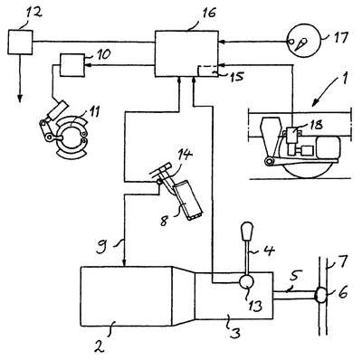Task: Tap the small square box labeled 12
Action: pos(20,43)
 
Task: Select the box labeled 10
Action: pos(72,65)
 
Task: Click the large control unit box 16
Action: pos(186,53)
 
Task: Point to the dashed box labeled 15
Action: pos(207,71)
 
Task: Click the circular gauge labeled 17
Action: pos(303,42)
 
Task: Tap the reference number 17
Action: pos(339,38)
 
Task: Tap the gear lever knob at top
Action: pos(247,231)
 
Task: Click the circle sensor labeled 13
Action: pos(246,282)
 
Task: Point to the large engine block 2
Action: pos(126,296)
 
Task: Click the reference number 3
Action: pos(235,333)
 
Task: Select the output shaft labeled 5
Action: pos(294,295)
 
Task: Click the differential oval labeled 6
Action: pos(321,295)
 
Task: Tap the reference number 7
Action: pos(343,261)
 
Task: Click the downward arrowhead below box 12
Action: pos(20,99)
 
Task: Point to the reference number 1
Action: pos(344,76)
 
